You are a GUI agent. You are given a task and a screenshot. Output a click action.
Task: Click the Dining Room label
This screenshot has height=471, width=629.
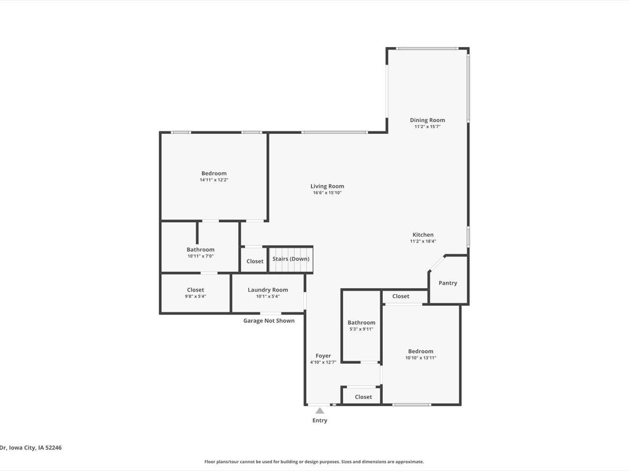coord(428,120)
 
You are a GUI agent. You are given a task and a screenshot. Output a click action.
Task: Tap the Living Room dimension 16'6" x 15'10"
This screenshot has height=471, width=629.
coord(327,193)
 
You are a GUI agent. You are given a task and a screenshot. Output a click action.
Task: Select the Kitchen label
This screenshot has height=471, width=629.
coord(423,235)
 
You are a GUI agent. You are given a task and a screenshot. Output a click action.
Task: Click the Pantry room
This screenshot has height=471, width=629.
coord(448,283)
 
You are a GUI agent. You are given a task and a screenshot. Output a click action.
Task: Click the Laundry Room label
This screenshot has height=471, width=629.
coord(268,290)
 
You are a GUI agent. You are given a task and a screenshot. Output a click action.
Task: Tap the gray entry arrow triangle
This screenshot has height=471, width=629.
coord(320,411)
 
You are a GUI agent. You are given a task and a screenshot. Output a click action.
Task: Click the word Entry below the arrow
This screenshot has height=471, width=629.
coord(320,420)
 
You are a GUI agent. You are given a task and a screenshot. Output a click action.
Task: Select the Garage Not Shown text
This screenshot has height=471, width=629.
coord(269,321)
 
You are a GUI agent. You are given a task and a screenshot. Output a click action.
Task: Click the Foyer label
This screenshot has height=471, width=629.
coord(323,356)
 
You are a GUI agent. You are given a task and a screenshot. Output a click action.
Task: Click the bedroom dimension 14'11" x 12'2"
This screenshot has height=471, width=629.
coord(214,180)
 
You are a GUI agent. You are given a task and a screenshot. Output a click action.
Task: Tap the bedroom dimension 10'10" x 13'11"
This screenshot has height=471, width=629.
coord(421,358)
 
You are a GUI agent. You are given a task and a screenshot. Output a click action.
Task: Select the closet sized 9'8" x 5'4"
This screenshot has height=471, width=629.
coord(195,293)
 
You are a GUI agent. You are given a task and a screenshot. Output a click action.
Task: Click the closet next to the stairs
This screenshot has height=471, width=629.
coord(255,262)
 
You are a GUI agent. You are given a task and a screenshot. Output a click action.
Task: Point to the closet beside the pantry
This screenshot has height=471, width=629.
coord(400,296)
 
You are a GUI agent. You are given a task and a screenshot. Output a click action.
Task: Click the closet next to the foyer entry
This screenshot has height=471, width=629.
coord(363,397)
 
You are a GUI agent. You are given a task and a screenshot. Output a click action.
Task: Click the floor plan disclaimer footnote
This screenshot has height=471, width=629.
coord(314,462)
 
